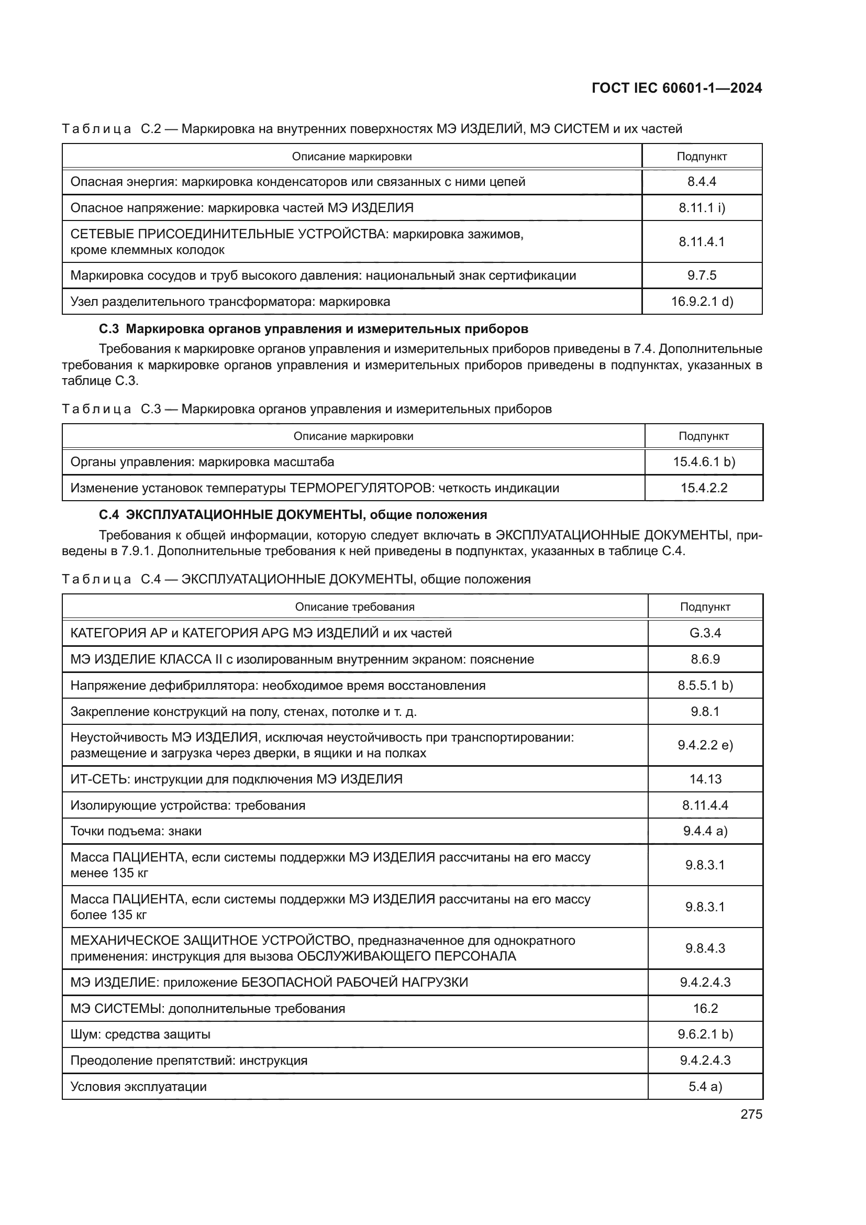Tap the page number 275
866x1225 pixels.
pyautogui.click(x=751, y=1114)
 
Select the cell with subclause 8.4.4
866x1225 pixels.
pyautogui.click(x=701, y=182)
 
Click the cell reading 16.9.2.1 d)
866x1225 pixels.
pyautogui.click(x=702, y=302)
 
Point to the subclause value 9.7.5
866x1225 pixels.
pyautogui.click(x=701, y=275)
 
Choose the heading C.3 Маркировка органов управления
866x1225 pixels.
pyautogui.click(x=314, y=329)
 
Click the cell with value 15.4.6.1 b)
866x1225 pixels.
pyautogui.click(x=703, y=461)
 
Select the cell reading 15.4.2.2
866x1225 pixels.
pyautogui.click(x=703, y=488)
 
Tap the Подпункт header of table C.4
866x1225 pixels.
pyautogui.click(x=705, y=606)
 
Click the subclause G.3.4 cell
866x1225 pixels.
pyautogui.click(x=705, y=633)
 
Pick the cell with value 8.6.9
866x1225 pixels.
pyautogui.click(x=705, y=659)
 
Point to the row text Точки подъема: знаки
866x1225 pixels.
pyautogui.click(x=136, y=831)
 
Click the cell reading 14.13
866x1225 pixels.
pyautogui.click(x=705, y=779)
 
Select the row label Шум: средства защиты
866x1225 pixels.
pyautogui.click(x=140, y=1034)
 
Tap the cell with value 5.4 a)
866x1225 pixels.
pyautogui.click(x=705, y=1086)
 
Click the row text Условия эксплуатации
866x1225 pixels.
pyautogui.click(x=138, y=1086)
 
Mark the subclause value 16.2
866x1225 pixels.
pyautogui.click(x=705, y=1008)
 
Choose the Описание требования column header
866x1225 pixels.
pyautogui.click(x=354, y=606)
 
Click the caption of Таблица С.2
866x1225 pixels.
pyautogui.click(x=372, y=129)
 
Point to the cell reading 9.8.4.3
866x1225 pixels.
pyautogui.click(x=705, y=948)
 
